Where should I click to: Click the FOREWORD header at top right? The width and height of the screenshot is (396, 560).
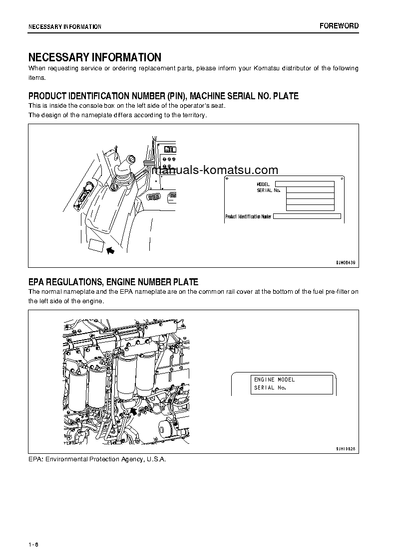coord(339,26)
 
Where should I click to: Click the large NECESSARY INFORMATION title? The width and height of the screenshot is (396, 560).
coord(94,57)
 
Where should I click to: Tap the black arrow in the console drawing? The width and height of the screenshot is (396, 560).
coord(111,250)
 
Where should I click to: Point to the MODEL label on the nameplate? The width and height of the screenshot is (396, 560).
coord(263,185)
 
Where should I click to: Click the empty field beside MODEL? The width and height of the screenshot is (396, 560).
coord(304,184)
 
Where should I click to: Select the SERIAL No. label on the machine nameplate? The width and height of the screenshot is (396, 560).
coord(269,190)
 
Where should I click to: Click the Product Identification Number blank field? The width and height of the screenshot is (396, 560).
coord(307,216)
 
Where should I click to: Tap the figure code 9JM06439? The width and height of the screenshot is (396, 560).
coord(345,262)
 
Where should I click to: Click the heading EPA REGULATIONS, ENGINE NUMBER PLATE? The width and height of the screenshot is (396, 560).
coord(113,282)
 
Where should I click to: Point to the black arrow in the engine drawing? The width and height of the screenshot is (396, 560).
coord(133,410)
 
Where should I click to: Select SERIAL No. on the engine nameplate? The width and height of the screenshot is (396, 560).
coord(270,387)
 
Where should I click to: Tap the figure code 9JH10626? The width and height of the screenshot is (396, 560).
coord(345,449)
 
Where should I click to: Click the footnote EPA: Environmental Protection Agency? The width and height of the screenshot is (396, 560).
coord(97,459)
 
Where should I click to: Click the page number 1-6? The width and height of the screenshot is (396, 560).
coord(33,544)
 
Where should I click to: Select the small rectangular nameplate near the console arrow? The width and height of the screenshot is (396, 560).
coord(96,245)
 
